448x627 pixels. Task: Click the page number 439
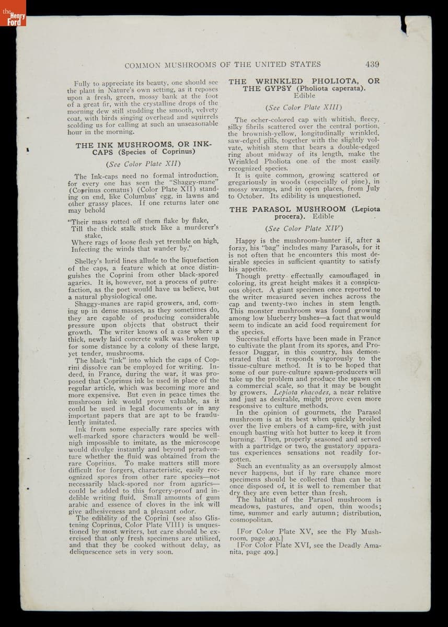(372, 65)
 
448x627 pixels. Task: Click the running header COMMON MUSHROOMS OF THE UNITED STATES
(222, 65)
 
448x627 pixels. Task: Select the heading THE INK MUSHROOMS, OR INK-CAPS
(143, 148)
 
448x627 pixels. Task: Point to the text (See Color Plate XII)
(143, 164)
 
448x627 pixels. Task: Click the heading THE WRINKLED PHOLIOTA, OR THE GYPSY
(304, 85)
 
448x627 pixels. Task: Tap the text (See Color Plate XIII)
(304, 108)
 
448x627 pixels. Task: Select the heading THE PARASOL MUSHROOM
(304, 212)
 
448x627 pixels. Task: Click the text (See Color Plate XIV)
(304, 228)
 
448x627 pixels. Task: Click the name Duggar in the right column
(261, 352)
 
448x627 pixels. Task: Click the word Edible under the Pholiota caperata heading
(304, 96)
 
